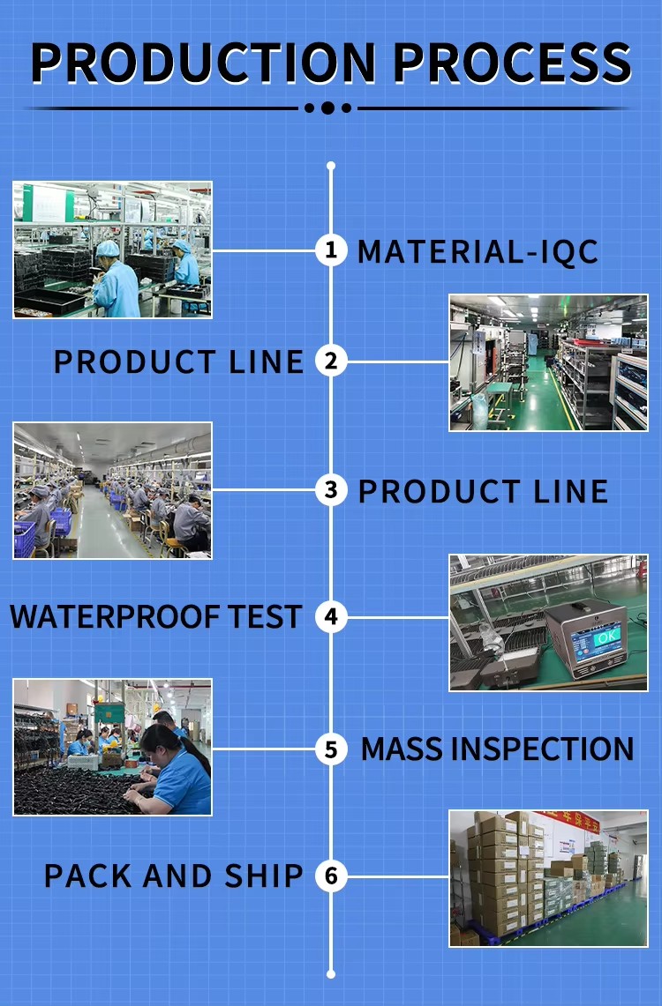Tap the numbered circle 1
(331, 250)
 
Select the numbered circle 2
(331, 361)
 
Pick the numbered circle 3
(331, 490)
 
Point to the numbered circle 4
(331, 616)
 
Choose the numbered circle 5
(331, 749)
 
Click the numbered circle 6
(331, 876)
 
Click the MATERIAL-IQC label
(478, 251)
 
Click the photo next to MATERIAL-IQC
(112, 250)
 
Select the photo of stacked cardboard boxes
(548, 878)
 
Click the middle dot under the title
(328, 108)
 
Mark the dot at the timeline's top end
(331, 165)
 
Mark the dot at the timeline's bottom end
(331, 974)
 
